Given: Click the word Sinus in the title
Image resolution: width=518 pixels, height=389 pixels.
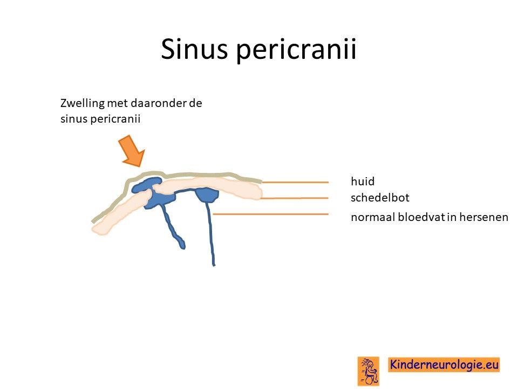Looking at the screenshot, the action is (x=194, y=49).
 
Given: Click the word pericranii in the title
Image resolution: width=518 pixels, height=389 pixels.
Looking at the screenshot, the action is (x=296, y=50).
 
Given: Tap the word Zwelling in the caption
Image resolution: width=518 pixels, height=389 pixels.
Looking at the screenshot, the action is (x=82, y=103).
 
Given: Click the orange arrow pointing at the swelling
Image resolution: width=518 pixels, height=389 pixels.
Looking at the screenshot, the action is (x=132, y=151).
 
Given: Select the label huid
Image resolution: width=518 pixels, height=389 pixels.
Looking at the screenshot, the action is (x=363, y=181).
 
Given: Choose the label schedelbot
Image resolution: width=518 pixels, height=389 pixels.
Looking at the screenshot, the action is (x=380, y=198).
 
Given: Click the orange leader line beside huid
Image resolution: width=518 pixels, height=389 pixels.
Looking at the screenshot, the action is (x=295, y=182).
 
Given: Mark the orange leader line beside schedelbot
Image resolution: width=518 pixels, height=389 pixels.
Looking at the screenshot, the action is (x=294, y=198).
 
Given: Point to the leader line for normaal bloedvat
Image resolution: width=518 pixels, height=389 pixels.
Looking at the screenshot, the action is (x=270, y=214).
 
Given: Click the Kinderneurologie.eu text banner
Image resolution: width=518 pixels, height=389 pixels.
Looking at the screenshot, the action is (x=444, y=365).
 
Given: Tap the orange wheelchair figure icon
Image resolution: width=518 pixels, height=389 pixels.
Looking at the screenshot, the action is (x=369, y=371).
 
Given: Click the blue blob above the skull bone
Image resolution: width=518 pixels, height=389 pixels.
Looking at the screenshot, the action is (x=146, y=185).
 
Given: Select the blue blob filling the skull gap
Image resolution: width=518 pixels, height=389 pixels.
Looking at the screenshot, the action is (x=159, y=198).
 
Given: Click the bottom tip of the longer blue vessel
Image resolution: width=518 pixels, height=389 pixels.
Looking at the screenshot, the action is (x=214, y=265).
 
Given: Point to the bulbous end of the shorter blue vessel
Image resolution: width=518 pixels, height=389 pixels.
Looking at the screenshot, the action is (x=182, y=245).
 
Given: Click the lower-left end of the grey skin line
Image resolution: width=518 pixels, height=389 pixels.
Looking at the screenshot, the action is (x=93, y=221).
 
